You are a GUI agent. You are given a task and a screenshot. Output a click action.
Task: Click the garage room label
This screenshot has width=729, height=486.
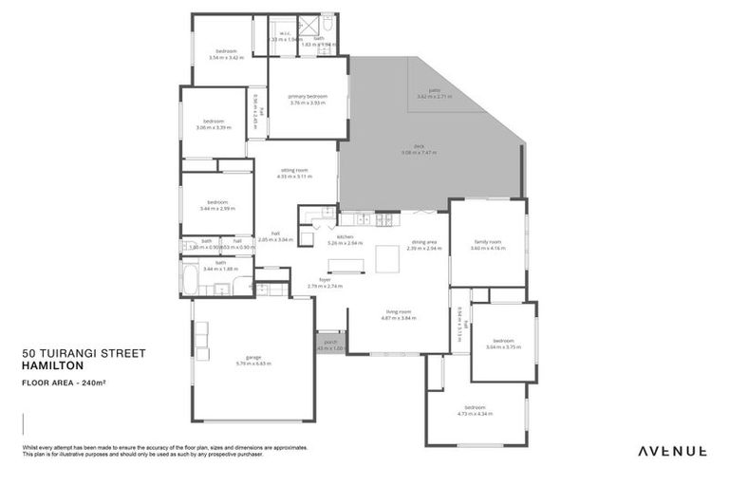[x=253, y=359]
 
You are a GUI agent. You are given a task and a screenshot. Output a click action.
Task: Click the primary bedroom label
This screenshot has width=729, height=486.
[x=308, y=97]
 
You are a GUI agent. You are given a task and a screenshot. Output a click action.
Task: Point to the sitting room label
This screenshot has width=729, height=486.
[x=293, y=170]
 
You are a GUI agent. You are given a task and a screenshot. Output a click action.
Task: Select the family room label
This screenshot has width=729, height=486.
[x=489, y=242]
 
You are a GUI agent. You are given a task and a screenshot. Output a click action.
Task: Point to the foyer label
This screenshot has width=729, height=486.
[x=325, y=280]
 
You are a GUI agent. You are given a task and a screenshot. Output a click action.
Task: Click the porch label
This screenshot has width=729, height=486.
[x=330, y=342]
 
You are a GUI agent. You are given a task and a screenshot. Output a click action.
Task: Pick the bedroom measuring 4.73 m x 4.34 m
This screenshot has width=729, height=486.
[x=476, y=410]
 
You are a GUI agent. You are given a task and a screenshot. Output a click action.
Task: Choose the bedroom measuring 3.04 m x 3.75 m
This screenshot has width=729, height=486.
[x=503, y=341]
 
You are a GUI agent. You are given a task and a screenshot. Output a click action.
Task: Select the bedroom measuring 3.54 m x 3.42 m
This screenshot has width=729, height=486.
[x=226, y=50]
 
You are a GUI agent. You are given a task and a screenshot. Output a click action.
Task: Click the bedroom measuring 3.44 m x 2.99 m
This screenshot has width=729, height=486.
[x=217, y=202]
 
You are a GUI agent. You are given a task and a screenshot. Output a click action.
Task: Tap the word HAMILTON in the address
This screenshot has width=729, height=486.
[x=53, y=365]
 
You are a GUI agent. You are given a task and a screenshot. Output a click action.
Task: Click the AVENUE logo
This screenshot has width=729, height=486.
[x=671, y=451]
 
